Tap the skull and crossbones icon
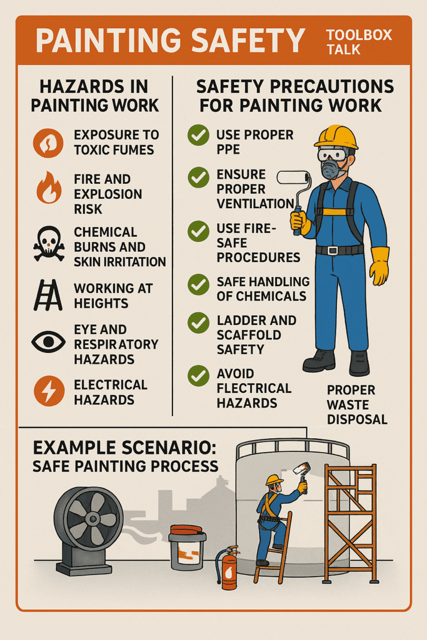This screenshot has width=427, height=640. (48, 244)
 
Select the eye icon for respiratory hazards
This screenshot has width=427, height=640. (48, 342)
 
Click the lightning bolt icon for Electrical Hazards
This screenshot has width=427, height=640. (49, 391)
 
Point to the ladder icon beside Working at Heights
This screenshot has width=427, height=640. (48, 295)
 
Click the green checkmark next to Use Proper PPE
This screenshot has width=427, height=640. (198, 136)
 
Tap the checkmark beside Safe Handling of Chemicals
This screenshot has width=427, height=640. (198, 284)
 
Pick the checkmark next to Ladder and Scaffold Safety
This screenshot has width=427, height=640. (198, 323)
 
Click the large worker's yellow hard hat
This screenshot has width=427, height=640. (336, 137)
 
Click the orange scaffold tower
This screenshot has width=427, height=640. (351, 524)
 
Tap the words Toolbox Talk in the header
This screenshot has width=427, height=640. (359, 42)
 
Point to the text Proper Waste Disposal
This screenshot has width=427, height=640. (357, 404)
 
